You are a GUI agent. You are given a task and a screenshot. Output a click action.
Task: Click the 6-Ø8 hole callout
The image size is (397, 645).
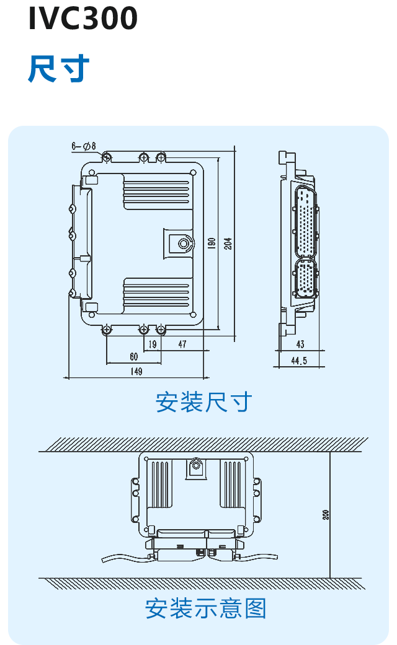(x=84, y=146)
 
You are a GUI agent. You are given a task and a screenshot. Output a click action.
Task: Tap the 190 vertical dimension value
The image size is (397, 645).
(x=212, y=243)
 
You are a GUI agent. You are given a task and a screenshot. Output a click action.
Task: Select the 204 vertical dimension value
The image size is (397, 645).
(x=228, y=243)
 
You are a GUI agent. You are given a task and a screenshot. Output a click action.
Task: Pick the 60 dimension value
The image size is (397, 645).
(x=133, y=357)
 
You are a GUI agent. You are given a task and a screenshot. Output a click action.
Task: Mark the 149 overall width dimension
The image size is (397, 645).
(x=136, y=372)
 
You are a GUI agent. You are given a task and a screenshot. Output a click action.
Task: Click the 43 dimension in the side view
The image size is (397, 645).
(x=300, y=344)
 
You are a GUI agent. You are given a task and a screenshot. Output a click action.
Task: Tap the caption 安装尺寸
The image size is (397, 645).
(x=204, y=403)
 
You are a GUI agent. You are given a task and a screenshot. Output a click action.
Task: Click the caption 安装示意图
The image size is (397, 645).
(x=205, y=608)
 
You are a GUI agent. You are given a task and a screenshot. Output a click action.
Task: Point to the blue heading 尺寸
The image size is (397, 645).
(x=60, y=69)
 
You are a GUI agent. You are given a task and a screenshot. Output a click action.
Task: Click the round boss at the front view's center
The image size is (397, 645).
(x=184, y=243)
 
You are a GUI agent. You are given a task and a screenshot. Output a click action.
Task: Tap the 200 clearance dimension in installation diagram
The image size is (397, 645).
(x=326, y=514)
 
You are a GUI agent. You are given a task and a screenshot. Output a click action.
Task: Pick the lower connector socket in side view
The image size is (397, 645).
(x=305, y=279)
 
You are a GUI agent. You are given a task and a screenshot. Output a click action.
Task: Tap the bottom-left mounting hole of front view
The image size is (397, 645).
(x=107, y=329)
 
